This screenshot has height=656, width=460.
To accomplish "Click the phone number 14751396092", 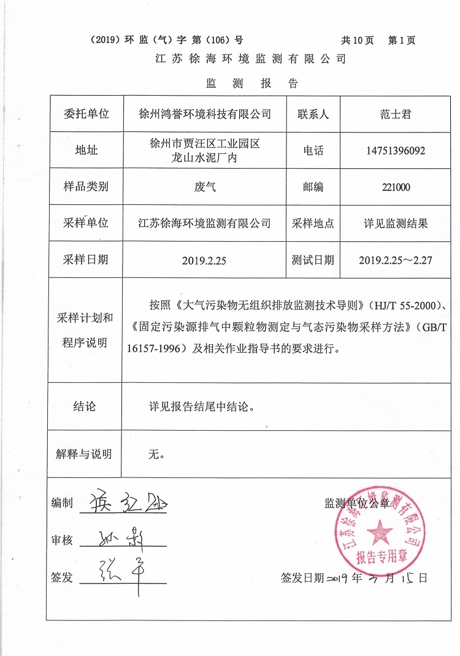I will coord(394,150).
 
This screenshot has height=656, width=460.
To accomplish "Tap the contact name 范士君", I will coord(394,114).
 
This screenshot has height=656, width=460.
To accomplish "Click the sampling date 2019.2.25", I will coord(204,260).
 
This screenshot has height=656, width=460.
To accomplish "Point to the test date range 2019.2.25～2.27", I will coord(395,260).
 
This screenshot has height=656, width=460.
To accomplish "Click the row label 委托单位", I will coord(86,114).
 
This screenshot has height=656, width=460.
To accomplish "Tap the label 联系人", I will coord(313,114).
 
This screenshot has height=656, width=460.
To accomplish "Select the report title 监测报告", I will coord(251,83).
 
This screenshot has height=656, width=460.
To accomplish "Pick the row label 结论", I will coord(85,406).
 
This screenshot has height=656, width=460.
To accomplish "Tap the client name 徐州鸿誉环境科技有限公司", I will coord(205,114).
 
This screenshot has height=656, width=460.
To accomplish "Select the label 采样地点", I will coord(313,223).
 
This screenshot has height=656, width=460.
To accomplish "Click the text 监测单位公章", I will coord(356,504).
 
